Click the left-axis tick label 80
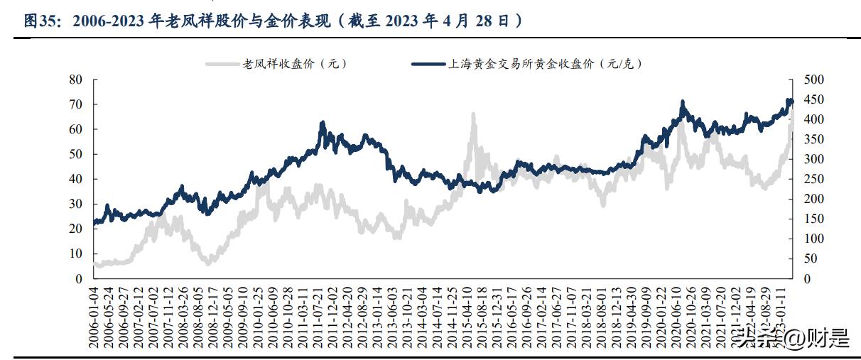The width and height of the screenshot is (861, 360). click(76, 80)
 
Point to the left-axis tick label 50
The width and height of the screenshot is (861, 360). click(76, 154)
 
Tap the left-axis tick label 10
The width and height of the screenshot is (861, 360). click(76, 253)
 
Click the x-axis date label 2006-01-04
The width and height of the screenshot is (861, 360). click(93, 317)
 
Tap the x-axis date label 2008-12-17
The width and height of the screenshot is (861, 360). click(211, 317)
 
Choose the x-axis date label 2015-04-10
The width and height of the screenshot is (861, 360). click(469, 317)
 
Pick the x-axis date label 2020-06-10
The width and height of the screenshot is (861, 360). click(676, 317)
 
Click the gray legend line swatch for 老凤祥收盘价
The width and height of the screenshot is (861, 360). click(222, 64)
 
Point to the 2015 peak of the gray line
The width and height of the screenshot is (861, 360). click(472, 114)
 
